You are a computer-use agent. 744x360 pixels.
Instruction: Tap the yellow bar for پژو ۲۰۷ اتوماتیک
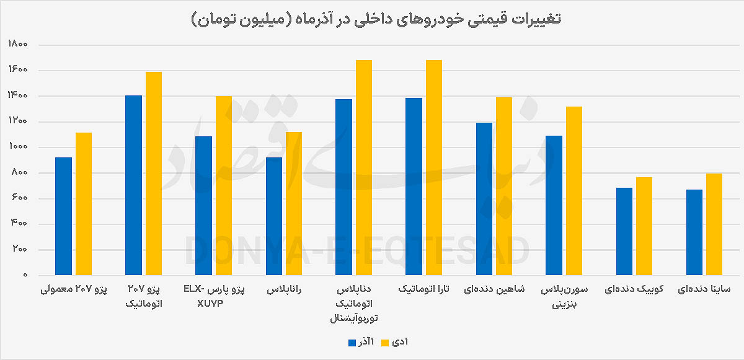(x=153, y=173)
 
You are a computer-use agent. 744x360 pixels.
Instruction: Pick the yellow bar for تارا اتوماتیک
(x=433, y=167)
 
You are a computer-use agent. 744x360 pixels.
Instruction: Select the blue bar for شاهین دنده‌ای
(x=484, y=198)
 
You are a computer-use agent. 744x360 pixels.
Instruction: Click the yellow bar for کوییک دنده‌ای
(x=644, y=226)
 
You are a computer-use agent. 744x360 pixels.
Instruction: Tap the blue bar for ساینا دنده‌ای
(x=694, y=232)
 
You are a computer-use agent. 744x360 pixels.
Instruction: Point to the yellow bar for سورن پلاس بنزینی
(x=573, y=191)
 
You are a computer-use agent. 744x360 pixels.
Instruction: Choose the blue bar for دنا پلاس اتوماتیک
(x=343, y=187)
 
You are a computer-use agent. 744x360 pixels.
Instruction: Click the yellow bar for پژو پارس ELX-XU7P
(x=223, y=185)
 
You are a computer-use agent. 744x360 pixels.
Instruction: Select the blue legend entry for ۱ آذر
(x=360, y=342)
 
